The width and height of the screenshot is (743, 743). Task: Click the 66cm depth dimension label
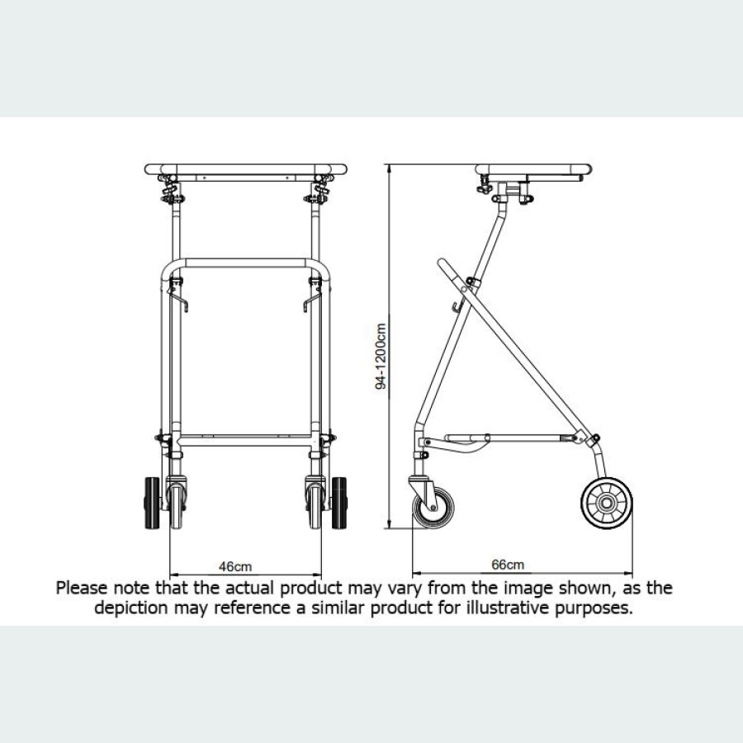pos(508,566)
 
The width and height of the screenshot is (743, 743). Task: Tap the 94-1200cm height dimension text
pos(381,354)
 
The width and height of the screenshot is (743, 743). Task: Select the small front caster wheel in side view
pos(433,506)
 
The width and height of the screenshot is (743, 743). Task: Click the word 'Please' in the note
pos(81,589)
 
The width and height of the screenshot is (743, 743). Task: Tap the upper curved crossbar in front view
pos(244,262)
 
